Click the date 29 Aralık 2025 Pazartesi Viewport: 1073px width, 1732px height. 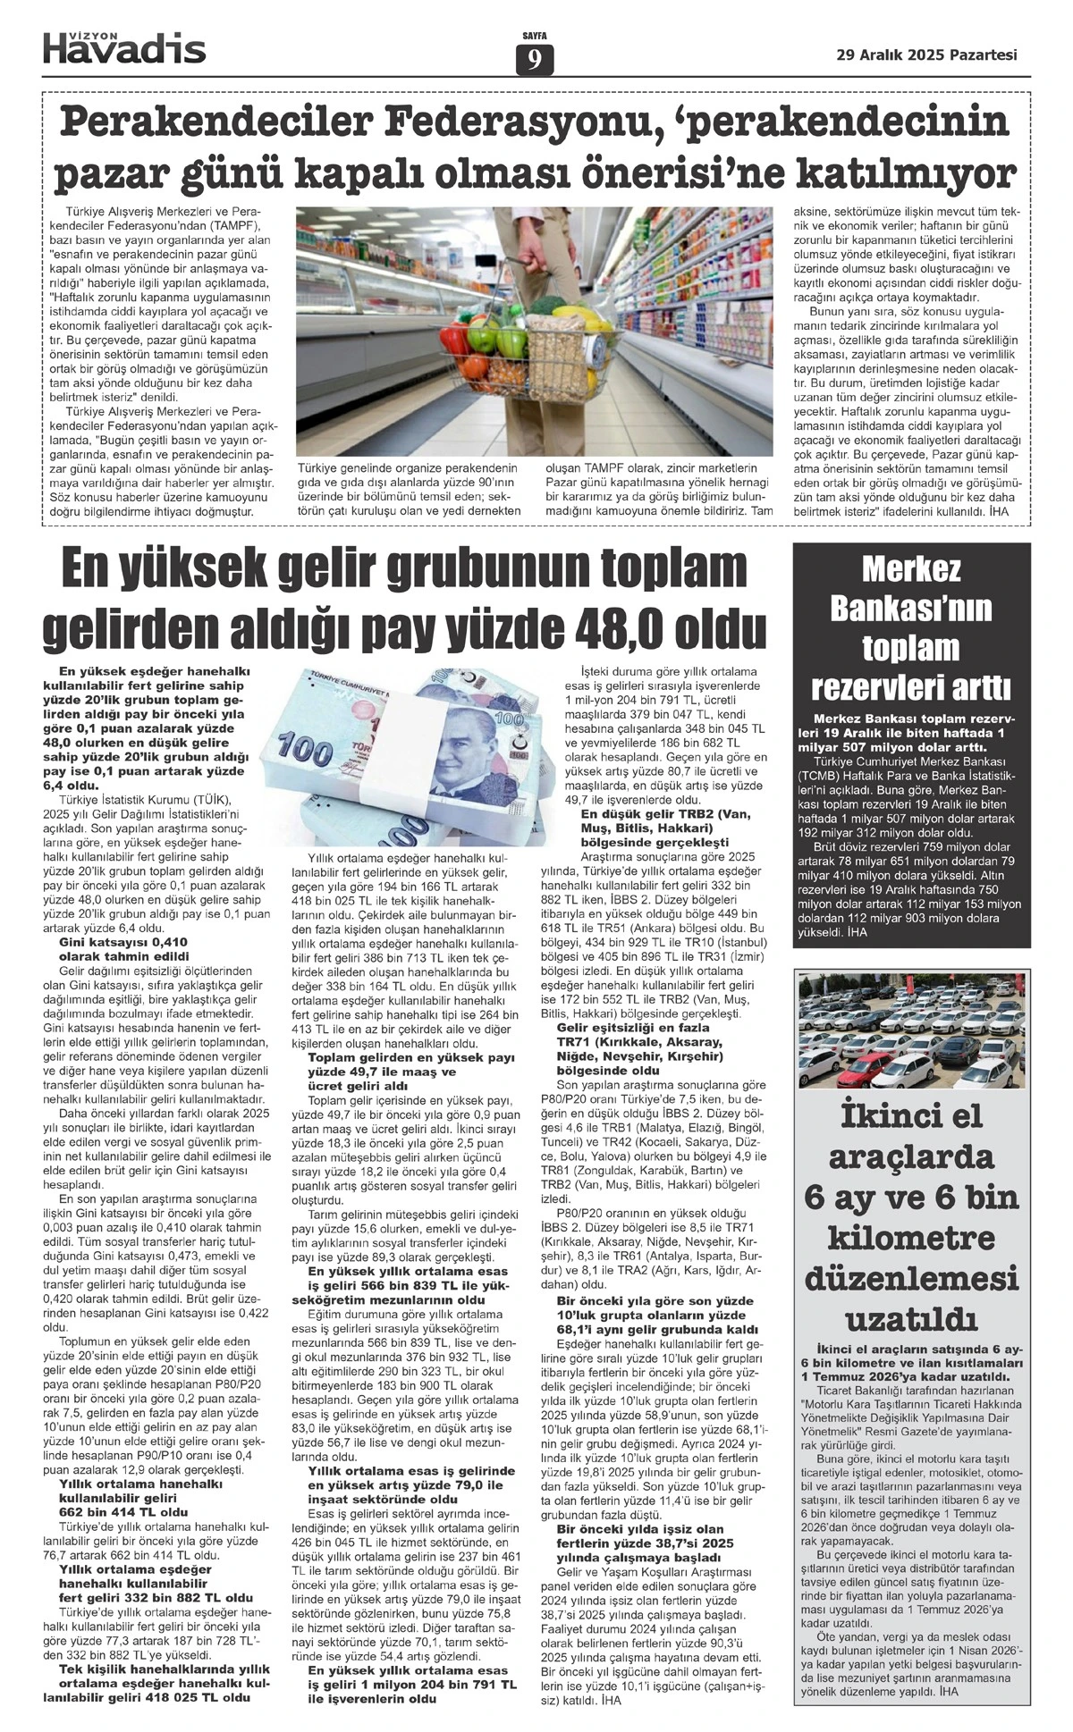pos(926,55)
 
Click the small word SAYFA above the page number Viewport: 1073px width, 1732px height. pos(535,36)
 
